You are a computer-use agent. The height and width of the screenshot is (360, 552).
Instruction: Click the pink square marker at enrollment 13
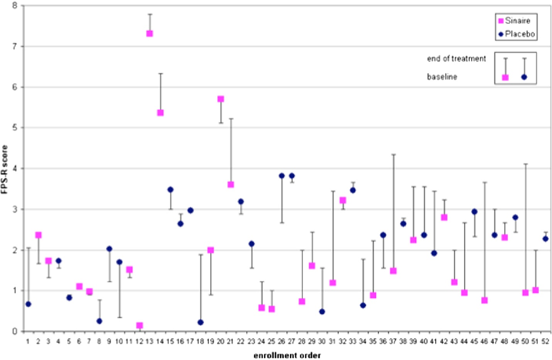click(150, 34)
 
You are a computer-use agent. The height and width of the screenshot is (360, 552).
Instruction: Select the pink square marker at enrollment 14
click(160, 113)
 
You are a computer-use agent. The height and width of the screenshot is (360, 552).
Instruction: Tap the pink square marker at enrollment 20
click(221, 99)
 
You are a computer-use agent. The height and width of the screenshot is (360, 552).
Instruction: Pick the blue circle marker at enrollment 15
click(171, 189)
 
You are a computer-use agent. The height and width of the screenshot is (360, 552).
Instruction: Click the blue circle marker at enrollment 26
click(282, 176)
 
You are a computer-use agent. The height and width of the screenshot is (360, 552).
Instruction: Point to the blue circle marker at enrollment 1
click(28, 304)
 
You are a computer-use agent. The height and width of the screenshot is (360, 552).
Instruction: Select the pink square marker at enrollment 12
click(139, 326)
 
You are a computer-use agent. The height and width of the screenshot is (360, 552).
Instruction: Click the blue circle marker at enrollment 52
click(546, 238)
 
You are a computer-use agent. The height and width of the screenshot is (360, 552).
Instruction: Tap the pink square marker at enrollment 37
click(393, 271)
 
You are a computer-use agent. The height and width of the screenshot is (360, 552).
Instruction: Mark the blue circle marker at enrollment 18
click(201, 322)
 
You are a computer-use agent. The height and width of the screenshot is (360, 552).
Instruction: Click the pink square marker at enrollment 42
click(444, 217)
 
